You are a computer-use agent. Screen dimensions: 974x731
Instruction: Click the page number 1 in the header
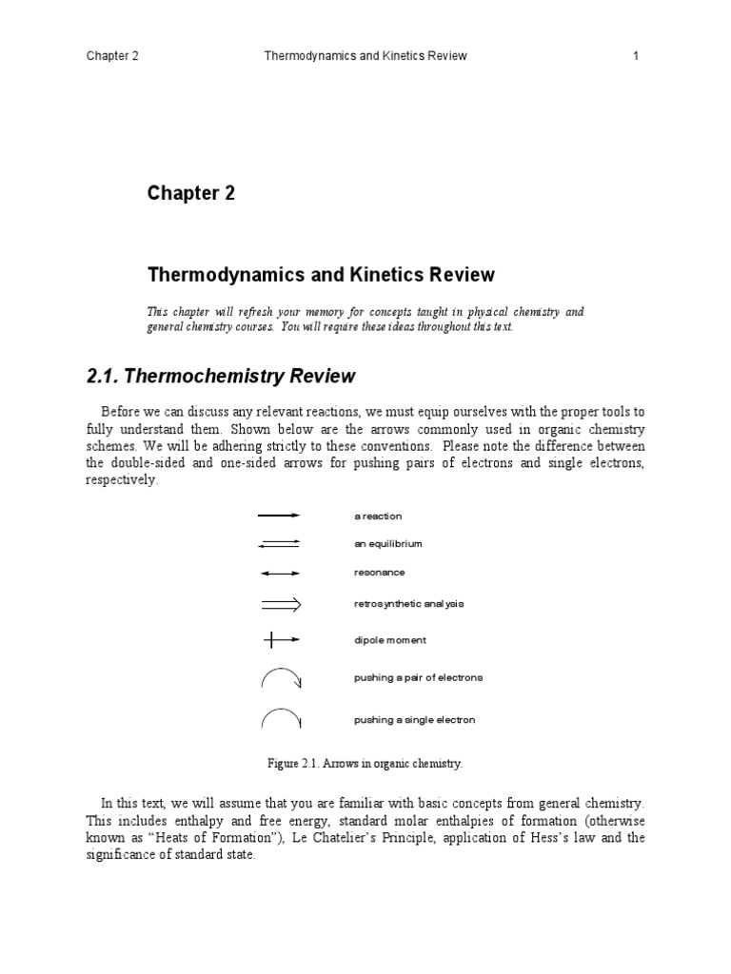click(636, 56)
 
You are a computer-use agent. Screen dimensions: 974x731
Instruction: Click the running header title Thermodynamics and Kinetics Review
click(365, 56)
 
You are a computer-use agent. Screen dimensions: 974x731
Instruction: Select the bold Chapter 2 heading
click(190, 194)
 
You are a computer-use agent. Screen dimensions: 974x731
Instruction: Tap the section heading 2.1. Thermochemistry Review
click(221, 376)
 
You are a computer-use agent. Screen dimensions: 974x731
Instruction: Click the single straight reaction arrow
click(279, 516)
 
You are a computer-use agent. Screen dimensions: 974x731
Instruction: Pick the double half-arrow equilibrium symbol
click(279, 544)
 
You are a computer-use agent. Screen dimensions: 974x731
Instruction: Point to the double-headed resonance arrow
click(279, 574)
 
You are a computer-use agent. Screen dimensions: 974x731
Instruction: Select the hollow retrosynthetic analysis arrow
click(280, 604)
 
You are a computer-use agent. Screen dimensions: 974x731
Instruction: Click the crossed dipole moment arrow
click(280, 641)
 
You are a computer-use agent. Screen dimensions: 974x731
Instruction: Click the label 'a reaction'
click(378, 516)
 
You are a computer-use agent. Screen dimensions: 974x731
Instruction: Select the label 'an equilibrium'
click(387, 544)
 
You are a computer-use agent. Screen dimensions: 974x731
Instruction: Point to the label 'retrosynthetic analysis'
click(408, 604)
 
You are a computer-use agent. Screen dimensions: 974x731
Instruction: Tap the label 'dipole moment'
click(390, 641)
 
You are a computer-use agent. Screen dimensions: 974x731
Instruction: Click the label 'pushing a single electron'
click(414, 720)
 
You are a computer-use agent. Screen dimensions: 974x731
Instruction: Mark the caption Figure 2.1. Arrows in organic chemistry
click(365, 764)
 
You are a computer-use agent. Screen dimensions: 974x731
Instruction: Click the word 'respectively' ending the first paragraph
click(122, 480)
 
